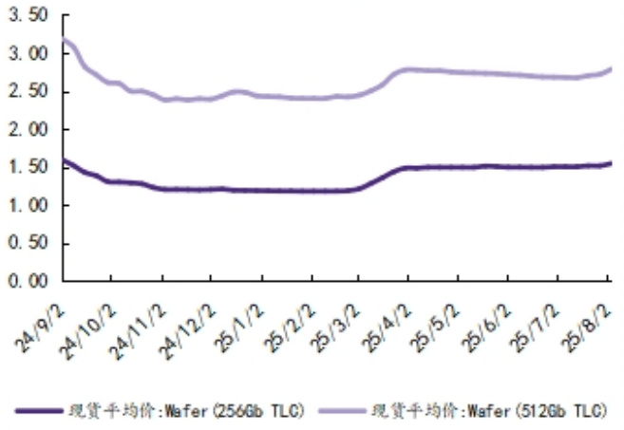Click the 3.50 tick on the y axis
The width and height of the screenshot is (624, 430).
[28, 16]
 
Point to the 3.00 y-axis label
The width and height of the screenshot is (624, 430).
[28, 54]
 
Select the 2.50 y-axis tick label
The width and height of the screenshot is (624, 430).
[28, 92]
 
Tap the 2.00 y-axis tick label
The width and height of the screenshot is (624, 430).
[28, 130]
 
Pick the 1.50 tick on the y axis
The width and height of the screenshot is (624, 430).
[28, 168]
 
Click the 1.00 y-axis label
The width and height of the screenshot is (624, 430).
[28, 206]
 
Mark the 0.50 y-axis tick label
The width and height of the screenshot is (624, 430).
[28, 244]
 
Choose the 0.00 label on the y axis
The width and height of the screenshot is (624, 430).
[28, 282]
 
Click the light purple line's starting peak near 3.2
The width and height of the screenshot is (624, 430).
[65, 39]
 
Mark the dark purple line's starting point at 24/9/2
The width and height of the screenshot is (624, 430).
[64, 160]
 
